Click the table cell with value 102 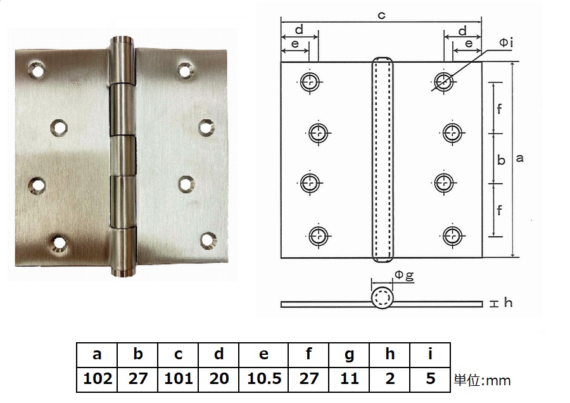point(98,379)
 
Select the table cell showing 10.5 point(264,379)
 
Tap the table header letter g point(349,354)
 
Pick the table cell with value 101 point(178,379)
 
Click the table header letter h point(389,354)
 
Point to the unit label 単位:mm point(482,380)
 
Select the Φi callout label point(505,42)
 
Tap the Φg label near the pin point(404,275)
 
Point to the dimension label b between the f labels point(500,160)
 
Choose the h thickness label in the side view point(508,303)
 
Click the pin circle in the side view point(383,298)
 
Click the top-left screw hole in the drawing point(310,80)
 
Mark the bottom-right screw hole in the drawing point(451,235)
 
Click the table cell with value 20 point(218,379)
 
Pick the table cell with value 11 point(349,379)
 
